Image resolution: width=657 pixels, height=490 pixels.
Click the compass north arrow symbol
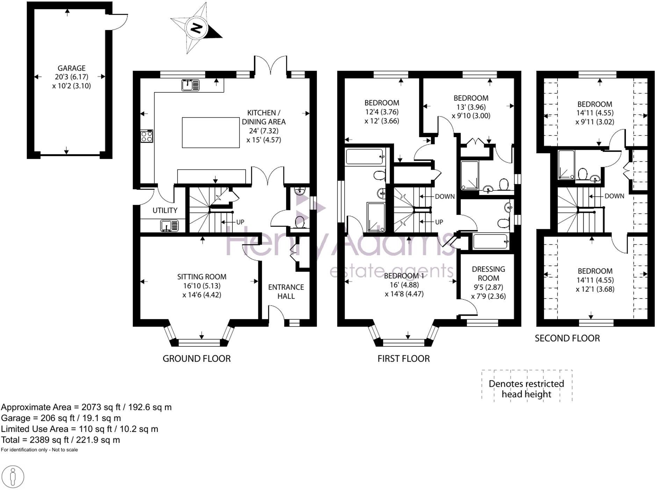click(x=196, y=28)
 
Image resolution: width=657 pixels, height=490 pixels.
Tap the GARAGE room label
click(x=71, y=68)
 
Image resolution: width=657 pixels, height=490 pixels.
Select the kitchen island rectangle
click(x=210, y=132)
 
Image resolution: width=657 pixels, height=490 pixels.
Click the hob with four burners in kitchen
click(x=146, y=136)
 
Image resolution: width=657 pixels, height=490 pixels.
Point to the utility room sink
click(x=169, y=225)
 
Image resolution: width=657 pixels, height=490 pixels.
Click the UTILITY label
click(x=165, y=210)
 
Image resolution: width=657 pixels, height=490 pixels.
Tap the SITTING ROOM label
click(x=202, y=277)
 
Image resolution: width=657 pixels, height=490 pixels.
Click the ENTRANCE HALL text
click(x=286, y=292)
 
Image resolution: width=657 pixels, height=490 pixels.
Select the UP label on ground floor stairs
click(x=240, y=222)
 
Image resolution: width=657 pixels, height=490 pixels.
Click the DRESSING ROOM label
click(x=488, y=274)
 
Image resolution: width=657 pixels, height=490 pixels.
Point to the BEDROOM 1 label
click(x=404, y=276)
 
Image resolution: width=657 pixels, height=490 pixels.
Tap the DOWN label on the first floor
click(x=445, y=196)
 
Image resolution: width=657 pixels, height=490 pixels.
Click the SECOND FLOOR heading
click(x=567, y=338)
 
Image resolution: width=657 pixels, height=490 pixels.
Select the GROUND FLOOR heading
click(x=196, y=358)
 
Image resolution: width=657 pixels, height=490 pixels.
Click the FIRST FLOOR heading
click(x=403, y=358)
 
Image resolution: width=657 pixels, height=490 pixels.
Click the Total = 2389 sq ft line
click(x=60, y=440)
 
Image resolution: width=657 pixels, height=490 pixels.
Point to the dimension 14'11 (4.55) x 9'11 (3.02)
click(x=594, y=117)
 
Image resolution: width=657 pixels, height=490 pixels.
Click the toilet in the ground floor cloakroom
click(x=299, y=222)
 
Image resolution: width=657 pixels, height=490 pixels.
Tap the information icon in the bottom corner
click(x=13, y=477)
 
